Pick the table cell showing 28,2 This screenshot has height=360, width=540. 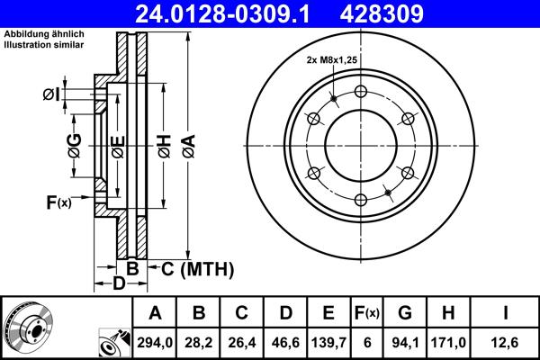click(199, 343)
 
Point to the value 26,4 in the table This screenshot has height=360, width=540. click(242, 343)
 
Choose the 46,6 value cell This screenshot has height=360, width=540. click(285, 343)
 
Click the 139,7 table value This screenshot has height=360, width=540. click(328, 343)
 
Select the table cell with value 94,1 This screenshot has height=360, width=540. click(405, 343)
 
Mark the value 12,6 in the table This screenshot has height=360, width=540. click(506, 343)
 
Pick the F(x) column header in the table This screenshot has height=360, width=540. click(367, 313)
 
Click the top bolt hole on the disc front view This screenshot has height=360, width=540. click(360, 91)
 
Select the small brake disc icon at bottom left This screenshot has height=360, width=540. click(27, 327)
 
